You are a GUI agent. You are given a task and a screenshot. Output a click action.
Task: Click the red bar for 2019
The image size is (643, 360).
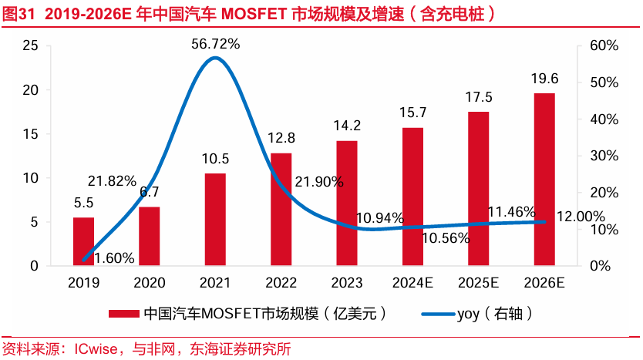tap(83, 241)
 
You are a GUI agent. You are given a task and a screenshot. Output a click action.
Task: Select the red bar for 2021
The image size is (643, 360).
tap(215, 220)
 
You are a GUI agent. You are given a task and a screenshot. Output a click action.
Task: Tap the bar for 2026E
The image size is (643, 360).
tap(544, 180)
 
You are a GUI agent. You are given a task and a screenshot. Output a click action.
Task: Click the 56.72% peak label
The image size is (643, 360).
tap(216, 44)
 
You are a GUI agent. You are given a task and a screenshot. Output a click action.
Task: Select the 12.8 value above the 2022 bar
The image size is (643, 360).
tap(281, 138)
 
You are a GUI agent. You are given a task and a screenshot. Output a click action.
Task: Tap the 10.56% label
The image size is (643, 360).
tap(446, 238)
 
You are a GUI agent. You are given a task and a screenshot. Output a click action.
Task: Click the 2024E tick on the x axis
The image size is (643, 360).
tap(412, 283)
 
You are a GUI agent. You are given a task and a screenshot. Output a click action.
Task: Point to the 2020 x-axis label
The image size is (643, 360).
tap(150, 283)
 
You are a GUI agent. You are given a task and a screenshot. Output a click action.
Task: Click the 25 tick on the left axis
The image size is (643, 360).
tap(31, 46)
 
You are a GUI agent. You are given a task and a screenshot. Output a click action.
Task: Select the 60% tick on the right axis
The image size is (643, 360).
tap(601, 46)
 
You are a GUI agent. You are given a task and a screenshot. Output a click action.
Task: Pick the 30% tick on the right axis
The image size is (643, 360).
tap(601, 156)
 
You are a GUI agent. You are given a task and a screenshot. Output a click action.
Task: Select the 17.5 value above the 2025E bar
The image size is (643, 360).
tap(479, 97)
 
